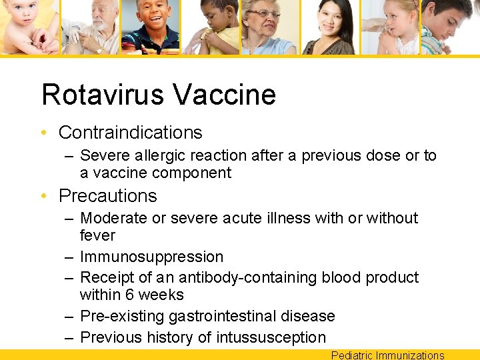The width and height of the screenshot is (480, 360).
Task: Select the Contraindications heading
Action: (130, 133)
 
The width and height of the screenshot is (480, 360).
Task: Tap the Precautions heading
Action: (108, 196)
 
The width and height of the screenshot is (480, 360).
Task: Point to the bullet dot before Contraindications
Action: (44, 133)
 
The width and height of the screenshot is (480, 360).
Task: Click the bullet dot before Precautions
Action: (44, 196)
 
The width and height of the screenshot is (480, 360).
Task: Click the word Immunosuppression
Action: (151, 257)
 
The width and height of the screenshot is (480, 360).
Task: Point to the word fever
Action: (97, 235)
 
